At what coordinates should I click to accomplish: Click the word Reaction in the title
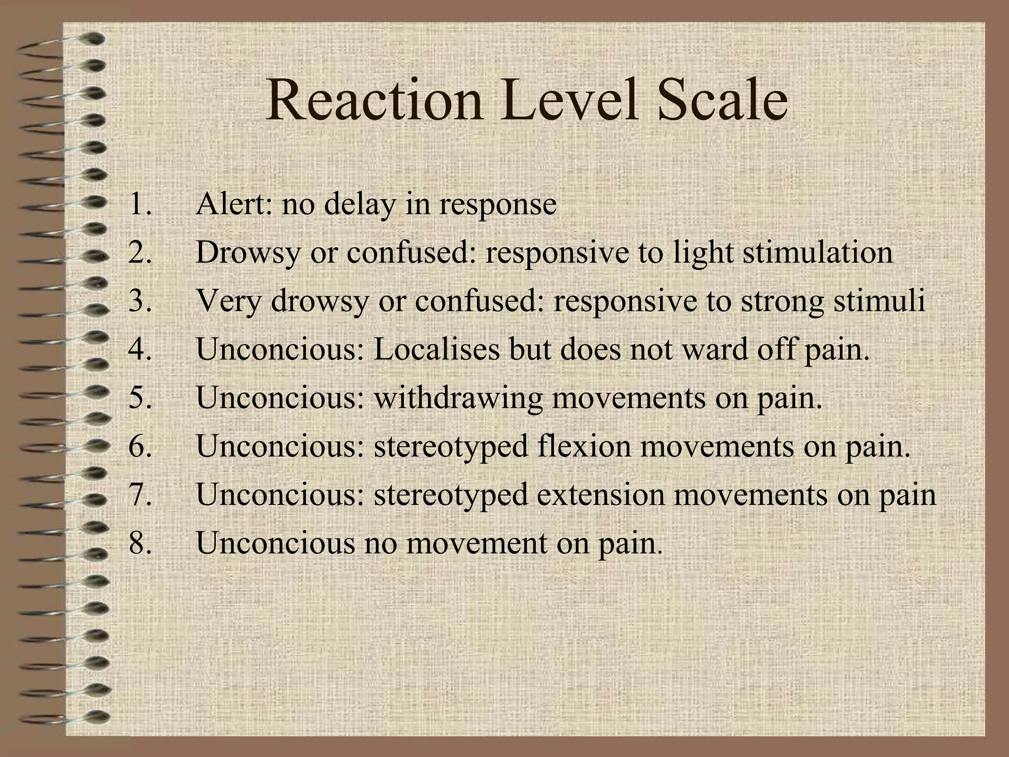pyautogui.click(x=375, y=101)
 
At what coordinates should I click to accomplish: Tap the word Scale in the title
pyautogui.click(x=722, y=101)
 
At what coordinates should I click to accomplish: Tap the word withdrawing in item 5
pyautogui.click(x=458, y=398)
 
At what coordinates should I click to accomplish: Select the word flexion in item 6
pyautogui.click(x=584, y=447)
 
